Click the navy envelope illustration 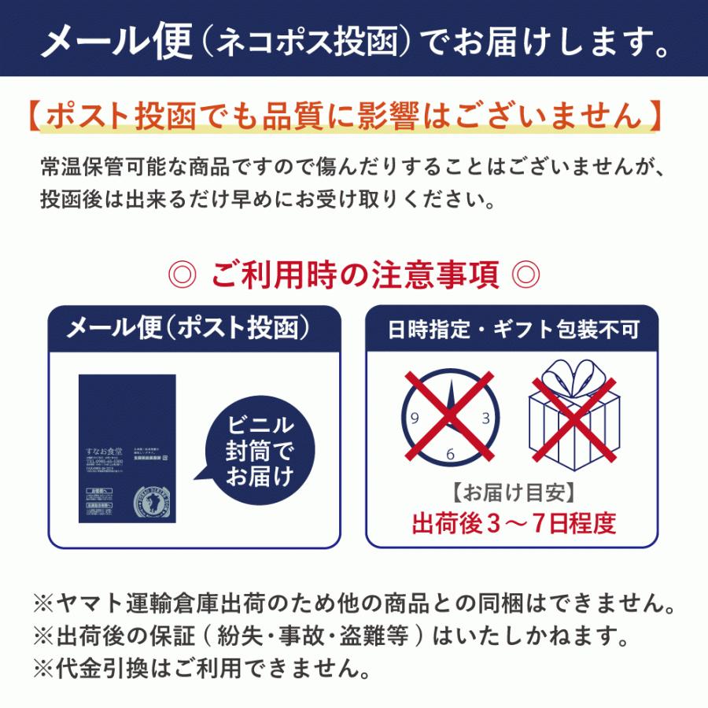click(127, 448)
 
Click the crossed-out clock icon click(450, 415)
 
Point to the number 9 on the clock click(415, 418)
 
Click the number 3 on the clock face click(485, 418)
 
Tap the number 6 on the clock click(450, 453)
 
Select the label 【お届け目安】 click(512, 493)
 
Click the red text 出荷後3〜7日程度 click(512, 522)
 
